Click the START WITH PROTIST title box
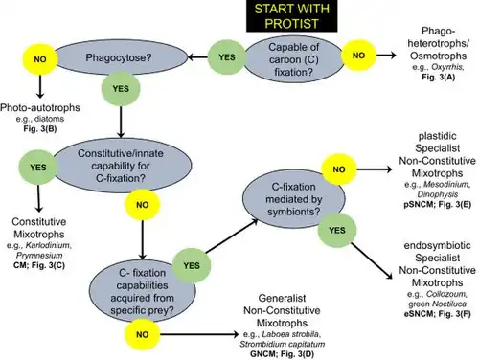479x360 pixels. coord(291,16)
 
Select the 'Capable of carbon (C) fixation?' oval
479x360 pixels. coord(293,59)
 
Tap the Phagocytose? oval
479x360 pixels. coord(119,57)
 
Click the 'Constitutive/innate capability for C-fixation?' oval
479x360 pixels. coord(121,166)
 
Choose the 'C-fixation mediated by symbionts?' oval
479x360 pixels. coord(293,199)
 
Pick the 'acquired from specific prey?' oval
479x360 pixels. coord(142,292)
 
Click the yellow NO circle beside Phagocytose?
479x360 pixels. coord(40,59)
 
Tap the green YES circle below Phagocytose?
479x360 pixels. coord(121,89)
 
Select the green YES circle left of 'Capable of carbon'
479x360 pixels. coord(227,57)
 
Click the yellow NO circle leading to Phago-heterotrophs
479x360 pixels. coord(358,56)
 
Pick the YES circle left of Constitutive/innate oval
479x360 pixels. coord(38,168)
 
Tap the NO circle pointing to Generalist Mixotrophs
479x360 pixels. coord(143,334)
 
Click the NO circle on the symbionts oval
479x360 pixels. coord(339,169)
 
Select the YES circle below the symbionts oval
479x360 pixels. coord(337,230)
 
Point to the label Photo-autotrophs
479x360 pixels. coord(40,107)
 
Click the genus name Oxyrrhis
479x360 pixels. coord(446,67)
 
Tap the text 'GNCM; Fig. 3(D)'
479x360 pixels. coord(282,354)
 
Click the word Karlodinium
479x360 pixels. coord(48,245)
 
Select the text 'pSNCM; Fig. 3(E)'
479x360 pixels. coord(437,204)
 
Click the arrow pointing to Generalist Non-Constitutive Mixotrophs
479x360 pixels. coord(199,334)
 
